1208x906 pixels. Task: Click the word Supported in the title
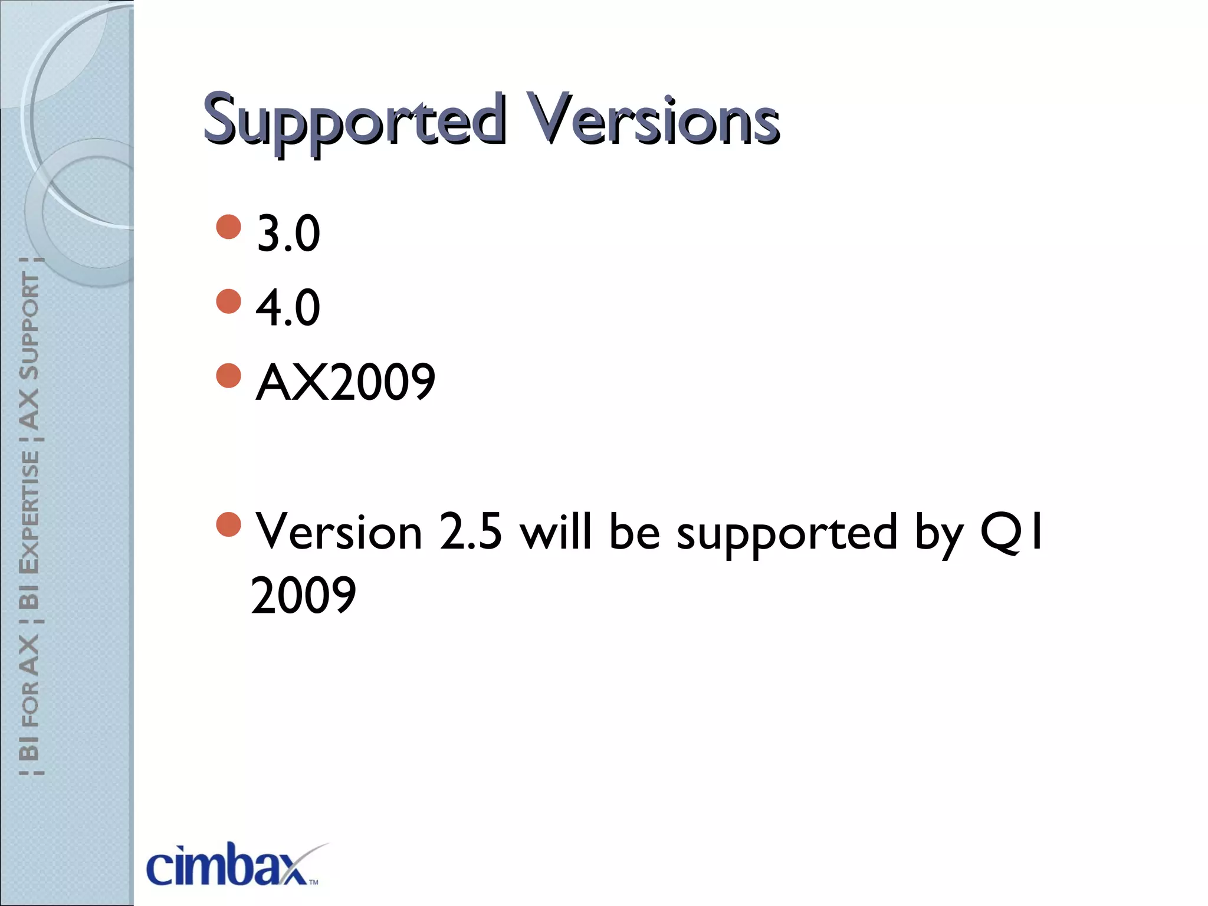[x=354, y=121]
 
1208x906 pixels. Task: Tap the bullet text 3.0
[x=288, y=234]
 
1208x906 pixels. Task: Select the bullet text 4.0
[x=288, y=308]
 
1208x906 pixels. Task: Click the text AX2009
[x=346, y=383]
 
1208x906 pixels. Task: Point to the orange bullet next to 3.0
[x=229, y=226]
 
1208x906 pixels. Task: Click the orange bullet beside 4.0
[x=229, y=301]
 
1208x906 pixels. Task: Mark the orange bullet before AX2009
[x=229, y=375]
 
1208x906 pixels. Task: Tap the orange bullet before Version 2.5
[x=229, y=524]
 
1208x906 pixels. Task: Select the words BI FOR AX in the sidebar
[x=29, y=699]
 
